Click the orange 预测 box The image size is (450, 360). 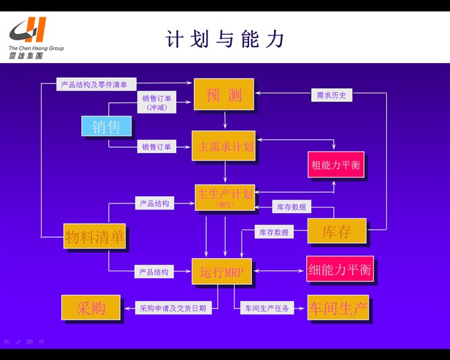pos(224,95)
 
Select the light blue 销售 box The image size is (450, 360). pos(106,126)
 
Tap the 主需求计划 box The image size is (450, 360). pos(224,146)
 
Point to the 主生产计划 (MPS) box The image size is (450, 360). pos(224,197)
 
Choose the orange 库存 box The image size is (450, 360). pos(336,231)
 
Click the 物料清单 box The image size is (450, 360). pos(95,236)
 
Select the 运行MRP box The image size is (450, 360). pos(222,271)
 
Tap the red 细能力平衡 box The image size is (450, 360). pos(339,269)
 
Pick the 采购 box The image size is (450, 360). pos(91,308)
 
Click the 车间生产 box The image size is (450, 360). pos(338,308)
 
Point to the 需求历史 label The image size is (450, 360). pos(331,95)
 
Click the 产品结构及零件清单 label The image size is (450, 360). pos(97,85)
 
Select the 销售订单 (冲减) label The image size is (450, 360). pos(156,102)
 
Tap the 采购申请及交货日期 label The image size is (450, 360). pos(173,308)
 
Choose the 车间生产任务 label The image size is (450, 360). pos(266,308)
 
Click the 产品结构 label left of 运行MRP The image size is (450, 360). pos(154,272)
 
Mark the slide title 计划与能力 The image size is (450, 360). pos(225,39)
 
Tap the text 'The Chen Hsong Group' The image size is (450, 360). pos(36,48)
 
